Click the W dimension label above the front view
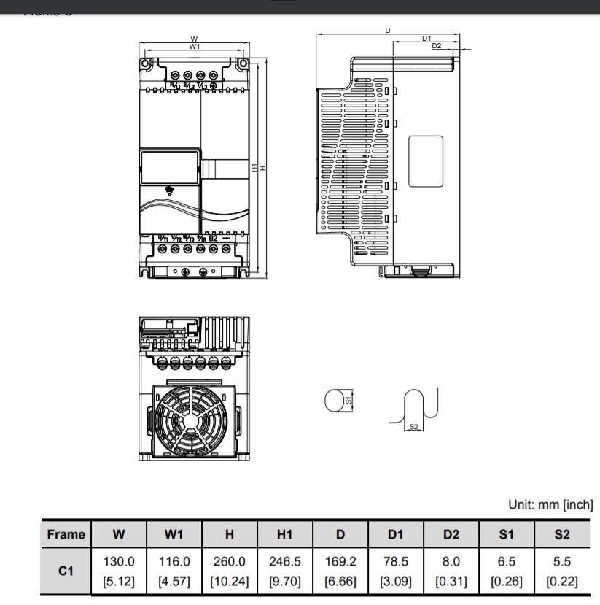point(194,39)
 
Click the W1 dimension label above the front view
point(194,46)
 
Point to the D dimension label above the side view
point(387,31)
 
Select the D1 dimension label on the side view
point(426,38)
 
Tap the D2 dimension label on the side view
point(436,46)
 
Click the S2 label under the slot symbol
point(413,425)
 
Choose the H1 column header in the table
point(284,534)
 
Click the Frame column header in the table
point(66,534)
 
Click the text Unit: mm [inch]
point(550,504)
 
